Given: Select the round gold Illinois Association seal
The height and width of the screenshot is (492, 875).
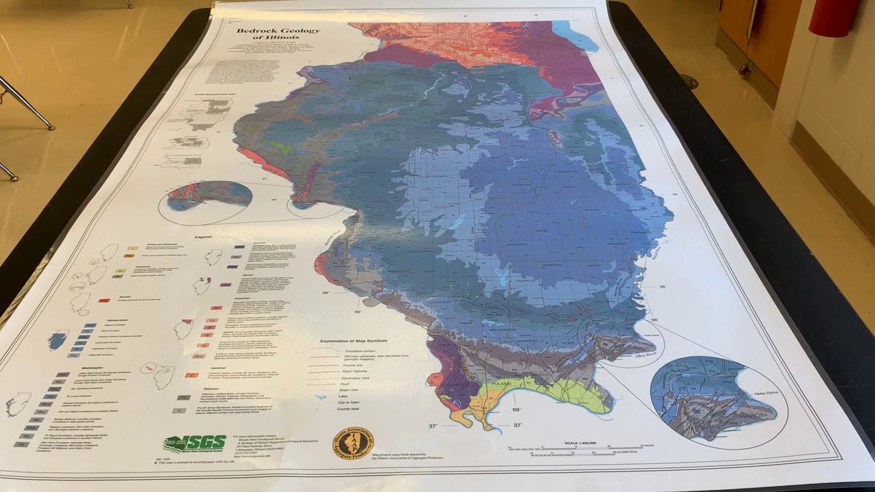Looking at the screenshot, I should (x=353, y=442).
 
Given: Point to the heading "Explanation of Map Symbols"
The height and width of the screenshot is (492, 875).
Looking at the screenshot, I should (x=354, y=340).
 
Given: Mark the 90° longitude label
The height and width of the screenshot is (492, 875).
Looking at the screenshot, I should (x=357, y=312).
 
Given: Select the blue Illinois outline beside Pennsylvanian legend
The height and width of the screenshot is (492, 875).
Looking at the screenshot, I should (x=58, y=340).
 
